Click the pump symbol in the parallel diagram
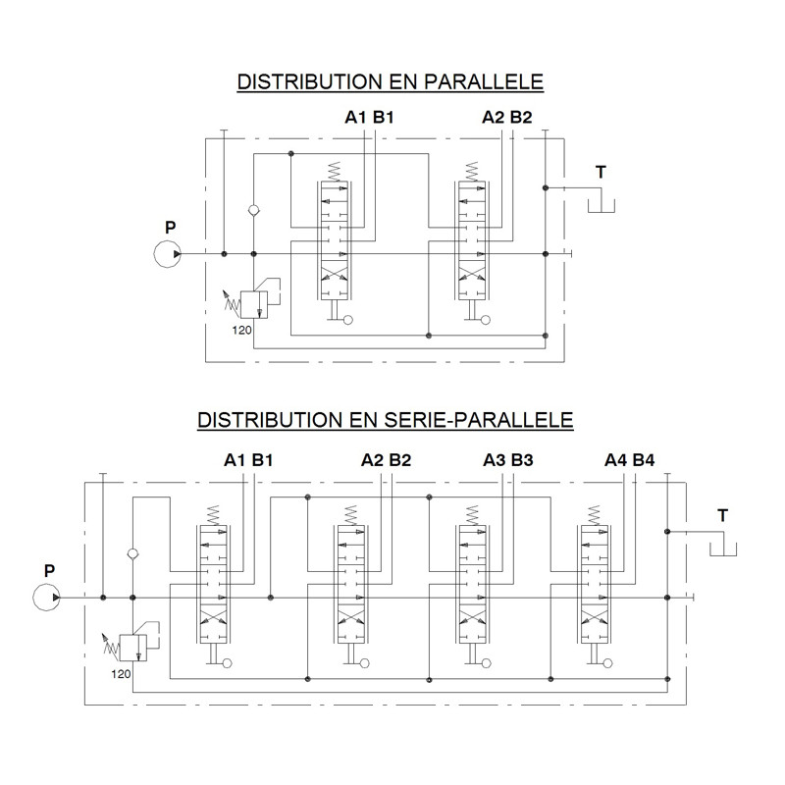(x=167, y=254)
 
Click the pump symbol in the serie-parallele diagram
(x=46, y=598)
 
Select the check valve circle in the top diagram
(x=254, y=210)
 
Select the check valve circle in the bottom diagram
(x=132, y=553)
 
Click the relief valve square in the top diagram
(x=254, y=305)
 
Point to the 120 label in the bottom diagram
(x=121, y=674)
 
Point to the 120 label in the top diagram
(x=241, y=331)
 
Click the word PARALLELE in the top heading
(x=484, y=81)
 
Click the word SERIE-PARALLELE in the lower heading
(x=478, y=420)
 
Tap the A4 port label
(x=615, y=459)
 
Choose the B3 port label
(x=522, y=459)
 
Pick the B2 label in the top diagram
(x=521, y=117)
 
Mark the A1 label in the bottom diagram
(x=235, y=459)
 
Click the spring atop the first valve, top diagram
(x=334, y=172)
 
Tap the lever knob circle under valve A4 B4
(x=607, y=663)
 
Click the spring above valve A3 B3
(x=472, y=515)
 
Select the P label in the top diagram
(x=170, y=228)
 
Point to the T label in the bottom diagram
(x=722, y=515)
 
